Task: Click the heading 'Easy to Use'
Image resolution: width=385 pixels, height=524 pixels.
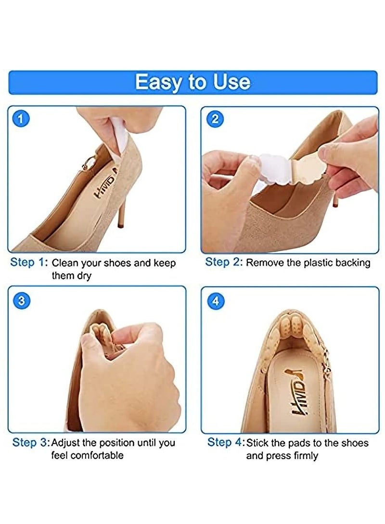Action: (x=192, y=82)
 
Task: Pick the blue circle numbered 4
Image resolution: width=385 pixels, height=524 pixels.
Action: (x=215, y=301)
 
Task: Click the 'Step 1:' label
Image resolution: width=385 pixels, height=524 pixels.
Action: (x=29, y=263)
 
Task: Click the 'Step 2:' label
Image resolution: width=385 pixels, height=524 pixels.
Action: (x=224, y=262)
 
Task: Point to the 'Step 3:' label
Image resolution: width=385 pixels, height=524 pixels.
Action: (x=30, y=442)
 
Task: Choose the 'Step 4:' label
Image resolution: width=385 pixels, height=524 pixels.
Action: (x=226, y=442)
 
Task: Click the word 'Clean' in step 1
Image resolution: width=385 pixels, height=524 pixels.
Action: (x=65, y=263)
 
